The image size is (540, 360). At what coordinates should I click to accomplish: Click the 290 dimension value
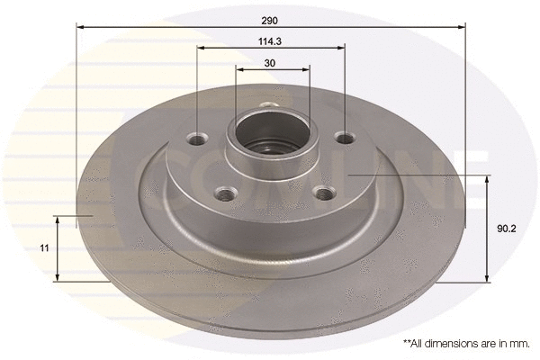coord(271,19)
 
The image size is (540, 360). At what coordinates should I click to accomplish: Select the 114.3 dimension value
coord(271,40)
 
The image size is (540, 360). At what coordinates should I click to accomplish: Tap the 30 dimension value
coord(271,62)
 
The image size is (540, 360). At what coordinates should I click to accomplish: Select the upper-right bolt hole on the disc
coord(344,138)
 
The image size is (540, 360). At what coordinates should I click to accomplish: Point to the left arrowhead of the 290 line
coord(79,27)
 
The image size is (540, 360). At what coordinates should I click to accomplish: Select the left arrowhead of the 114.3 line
coord(200,49)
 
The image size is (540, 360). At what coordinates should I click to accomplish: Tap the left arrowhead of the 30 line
coord(238,69)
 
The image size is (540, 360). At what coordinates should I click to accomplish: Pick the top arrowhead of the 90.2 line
coord(487,179)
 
